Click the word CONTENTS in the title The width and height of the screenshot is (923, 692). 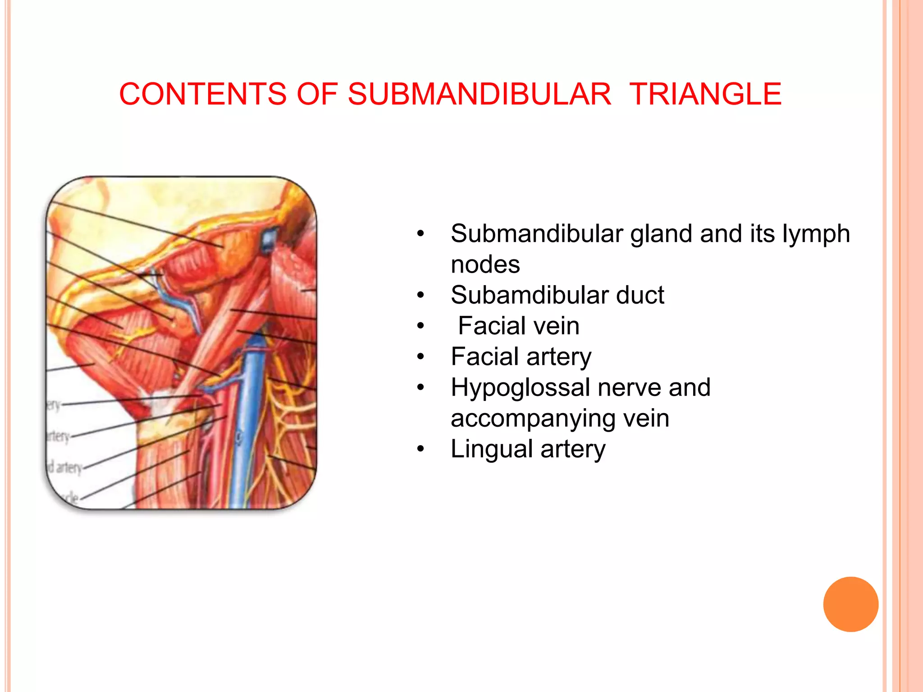pyautogui.click(x=203, y=94)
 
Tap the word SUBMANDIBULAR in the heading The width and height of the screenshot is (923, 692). pyautogui.click(x=479, y=94)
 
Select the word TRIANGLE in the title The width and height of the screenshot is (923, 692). pyautogui.click(x=705, y=94)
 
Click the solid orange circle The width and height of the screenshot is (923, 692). pyautogui.click(x=850, y=604)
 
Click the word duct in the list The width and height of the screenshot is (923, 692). pyautogui.click(x=640, y=295)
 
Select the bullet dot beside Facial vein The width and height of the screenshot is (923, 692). pyautogui.click(x=420, y=326)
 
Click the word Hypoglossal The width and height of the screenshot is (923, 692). pyautogui.click(x=520, y=387)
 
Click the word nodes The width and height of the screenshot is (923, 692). pyautogui.click(x=485, y=264)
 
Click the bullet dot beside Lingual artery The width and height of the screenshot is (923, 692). pyautogui.click(x=420, y=449)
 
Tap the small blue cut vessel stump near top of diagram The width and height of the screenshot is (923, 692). pyautogui.click(x=269, y=239)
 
